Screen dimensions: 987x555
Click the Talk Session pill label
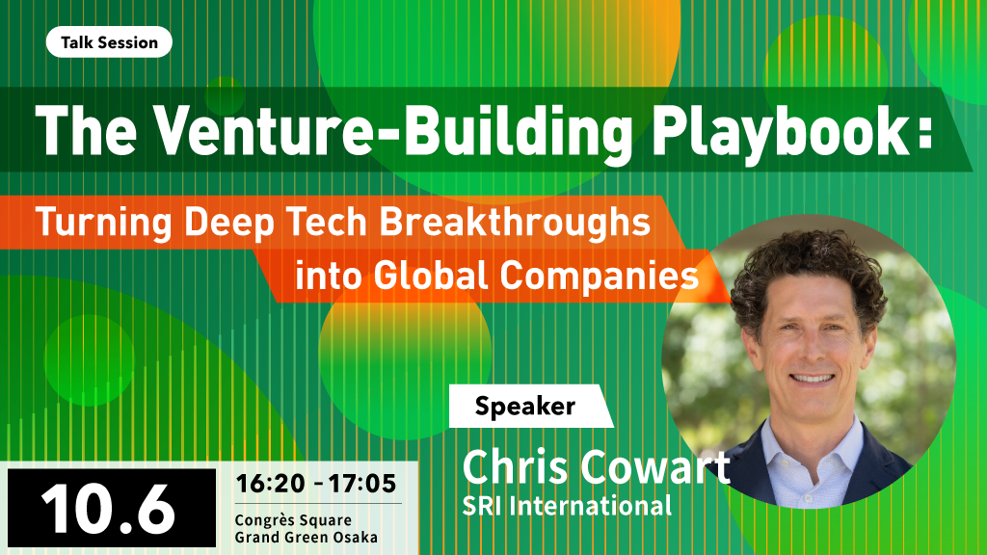point(109,42)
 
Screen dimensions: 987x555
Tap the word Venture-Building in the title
point(393,131)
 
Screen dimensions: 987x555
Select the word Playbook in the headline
point(780,131)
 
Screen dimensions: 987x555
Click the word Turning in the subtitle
point(104,223)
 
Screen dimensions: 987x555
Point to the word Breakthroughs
point(515,223)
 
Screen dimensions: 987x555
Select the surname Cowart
point(654,467)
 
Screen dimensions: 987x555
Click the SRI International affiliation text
point(567,506)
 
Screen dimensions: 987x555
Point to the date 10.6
point(108,510)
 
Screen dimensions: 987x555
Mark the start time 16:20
point(271,484)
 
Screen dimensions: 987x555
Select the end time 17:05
point(362,484)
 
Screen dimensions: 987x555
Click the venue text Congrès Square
point(293,521)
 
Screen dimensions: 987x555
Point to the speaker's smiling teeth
point(812,378)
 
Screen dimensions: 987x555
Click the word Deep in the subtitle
point(228,224)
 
